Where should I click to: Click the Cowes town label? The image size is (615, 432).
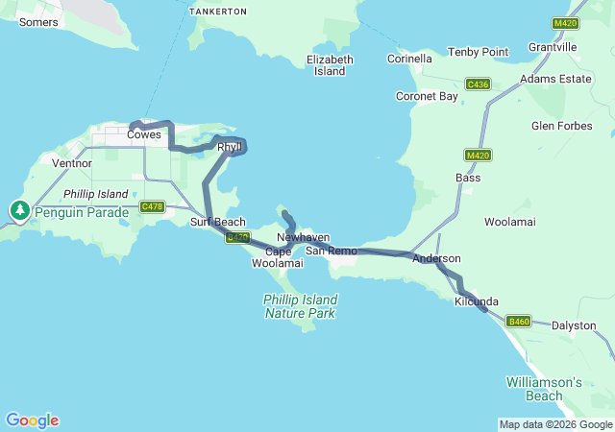[x=144, y=135]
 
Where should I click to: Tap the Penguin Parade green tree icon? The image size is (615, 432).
[x=19, y=209]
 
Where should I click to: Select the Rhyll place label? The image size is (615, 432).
[x=229, y=147]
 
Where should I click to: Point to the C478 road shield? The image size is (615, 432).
[x=152, y=206]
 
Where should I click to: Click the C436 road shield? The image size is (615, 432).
[x=478, y=85]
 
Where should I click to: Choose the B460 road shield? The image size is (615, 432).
[x=519, y=321]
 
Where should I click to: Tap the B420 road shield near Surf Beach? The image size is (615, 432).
[x=238, y=237]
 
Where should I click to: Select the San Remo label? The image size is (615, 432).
[x=331, y=251]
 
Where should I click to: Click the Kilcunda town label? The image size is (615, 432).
[x=476, y=301]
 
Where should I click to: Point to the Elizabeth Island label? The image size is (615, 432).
[x=331, y=65]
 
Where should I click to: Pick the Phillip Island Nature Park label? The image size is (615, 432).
[x=300, y=306]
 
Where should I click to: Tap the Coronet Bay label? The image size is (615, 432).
[x=427, y=96]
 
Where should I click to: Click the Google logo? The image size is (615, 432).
[x=32, y=420]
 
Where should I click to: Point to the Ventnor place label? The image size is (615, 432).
[x=72, y=163]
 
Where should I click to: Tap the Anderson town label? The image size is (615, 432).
[x=436, y=258]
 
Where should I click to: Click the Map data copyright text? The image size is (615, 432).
[x=555, y=424]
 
